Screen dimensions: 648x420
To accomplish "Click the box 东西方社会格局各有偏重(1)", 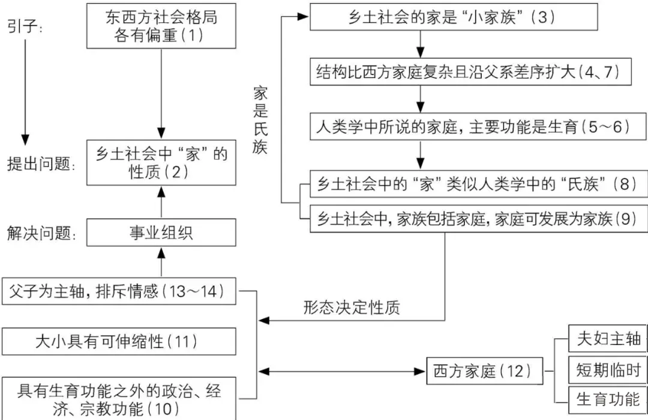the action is pyautogui.click(x=161, y=26).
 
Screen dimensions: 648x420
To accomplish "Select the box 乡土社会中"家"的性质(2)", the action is pyautogui.click(x=161, y=163).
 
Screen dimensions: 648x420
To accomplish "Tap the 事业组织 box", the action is pyautogui.click(x=161, y=233).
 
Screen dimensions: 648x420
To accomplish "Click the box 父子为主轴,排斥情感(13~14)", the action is pyautogui.click(x=119, y=291).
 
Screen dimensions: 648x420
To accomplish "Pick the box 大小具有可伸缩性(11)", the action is pyautogui.click(x=119, y=342).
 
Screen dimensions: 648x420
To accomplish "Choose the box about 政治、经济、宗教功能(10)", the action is pyautogui.click(x=119, y=398).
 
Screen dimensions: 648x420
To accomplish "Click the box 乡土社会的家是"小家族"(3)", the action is pyautogui.click(x=454, y=17).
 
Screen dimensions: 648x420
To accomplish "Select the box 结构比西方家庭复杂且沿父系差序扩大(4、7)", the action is pyautogui.click(x=471, y=72).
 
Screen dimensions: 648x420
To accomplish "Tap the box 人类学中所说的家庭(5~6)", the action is pyautogui.click(x=478, y=127).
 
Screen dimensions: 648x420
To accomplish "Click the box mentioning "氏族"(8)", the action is pyautogui.click(x=479, y=184).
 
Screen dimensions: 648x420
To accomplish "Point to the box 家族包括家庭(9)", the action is pyautogui.click(x=479, y=219).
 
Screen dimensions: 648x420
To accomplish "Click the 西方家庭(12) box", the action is pyautogui.click(x=485, y=371).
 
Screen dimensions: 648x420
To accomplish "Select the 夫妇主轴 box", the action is pyautogui.click(x=608, y=338).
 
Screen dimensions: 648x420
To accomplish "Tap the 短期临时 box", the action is pyautogui.click(x=608, y=369).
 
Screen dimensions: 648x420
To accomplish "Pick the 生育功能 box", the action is pyautogui.click(x=608, y=400).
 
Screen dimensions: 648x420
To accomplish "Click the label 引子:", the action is pyautogui.click(x=25, y=26).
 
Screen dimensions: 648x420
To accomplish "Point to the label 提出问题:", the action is pyautogui.click(x=41, y=164).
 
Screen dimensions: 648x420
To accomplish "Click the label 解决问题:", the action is pyautogui.click(x=41, y=233).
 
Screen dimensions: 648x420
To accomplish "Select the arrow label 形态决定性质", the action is pyautogui.click(x=352, y=308).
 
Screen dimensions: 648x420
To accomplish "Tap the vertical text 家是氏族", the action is pyautogui.click(x=260, y=120).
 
